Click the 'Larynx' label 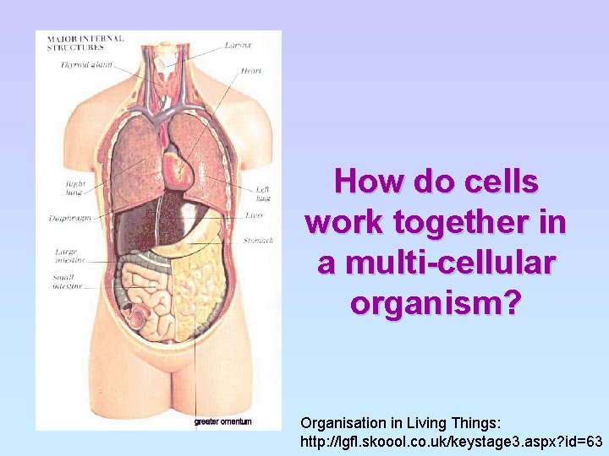coord(236,44)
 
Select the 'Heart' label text coord(250,71)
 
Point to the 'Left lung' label coord(263,193)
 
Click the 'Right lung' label coord(74,186)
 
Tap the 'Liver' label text coord(255,215)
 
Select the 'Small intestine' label coord(67,282)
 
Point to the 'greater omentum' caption coord(222,421)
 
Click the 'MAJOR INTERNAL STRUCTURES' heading coord(85,42)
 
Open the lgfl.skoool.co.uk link coord(452,442)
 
